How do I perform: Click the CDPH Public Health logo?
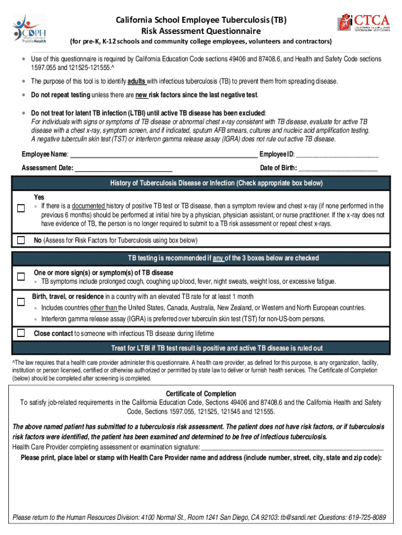[30, 30]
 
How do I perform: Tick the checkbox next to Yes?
[21, 208]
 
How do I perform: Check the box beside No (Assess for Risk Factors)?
[21, 240]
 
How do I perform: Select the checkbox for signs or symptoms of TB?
[21, 276]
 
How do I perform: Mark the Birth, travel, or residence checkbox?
[21, 302]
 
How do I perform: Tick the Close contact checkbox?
[21, 333]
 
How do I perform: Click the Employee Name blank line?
[163, 155]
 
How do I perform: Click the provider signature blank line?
[292, 448]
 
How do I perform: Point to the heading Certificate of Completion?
[201, 394]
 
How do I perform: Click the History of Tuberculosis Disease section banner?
[201, 183]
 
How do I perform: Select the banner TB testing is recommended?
[201, 258]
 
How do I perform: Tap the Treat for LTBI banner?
[201, 348]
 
